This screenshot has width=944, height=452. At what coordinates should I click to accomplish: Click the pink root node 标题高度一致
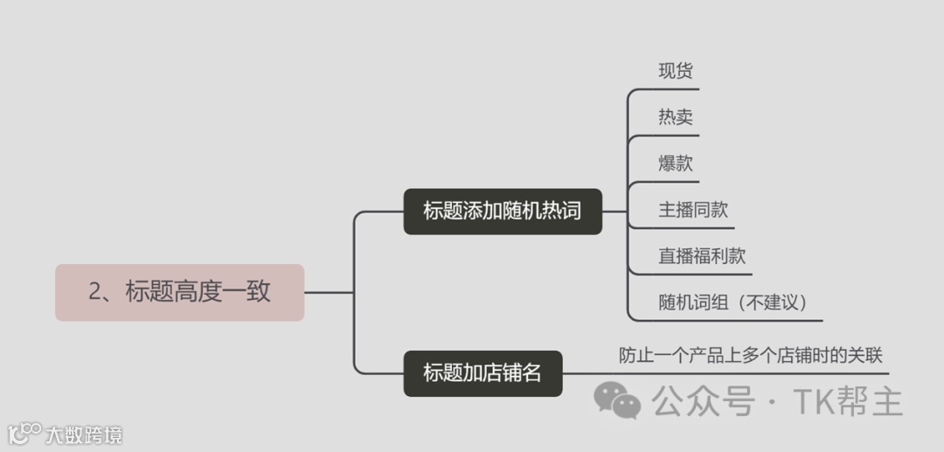click(x=179, y=292)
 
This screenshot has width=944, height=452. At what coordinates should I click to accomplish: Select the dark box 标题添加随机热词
click(x=502, y=211)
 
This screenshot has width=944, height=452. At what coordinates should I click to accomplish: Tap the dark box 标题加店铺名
click(x=482, y=372)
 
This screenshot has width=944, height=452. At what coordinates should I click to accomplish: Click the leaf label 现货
click(x=676, y=71)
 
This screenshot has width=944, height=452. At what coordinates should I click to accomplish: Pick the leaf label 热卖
click(x=676, y=117)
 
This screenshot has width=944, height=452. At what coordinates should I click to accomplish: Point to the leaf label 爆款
click(x=676, y=163)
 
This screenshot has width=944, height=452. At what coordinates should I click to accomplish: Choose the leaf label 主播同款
click(x=693, y=210)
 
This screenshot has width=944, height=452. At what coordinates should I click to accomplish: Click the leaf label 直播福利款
click(x=702, y=256)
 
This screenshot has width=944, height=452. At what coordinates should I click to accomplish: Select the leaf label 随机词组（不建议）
click(x=732, y=302)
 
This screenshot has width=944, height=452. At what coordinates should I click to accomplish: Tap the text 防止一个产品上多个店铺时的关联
click(x=751, y=355)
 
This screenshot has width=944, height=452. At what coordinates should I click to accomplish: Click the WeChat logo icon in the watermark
click(x=617, y=400)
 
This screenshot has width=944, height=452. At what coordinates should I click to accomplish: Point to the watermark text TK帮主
click(x=847, y=401)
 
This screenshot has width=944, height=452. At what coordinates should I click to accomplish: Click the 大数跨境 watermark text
click(x=84, y=434)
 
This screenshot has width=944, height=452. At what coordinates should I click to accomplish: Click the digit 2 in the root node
click(x=95, y=292)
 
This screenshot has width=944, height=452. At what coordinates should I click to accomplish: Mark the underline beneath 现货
click(x=664, y=89)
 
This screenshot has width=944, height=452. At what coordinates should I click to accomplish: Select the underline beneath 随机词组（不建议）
click(x=725, y=320)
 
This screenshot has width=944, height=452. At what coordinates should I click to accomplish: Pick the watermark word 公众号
click(x=702, y=401)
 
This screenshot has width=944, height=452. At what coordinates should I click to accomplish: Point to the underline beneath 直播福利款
click(x=691, y=274)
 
